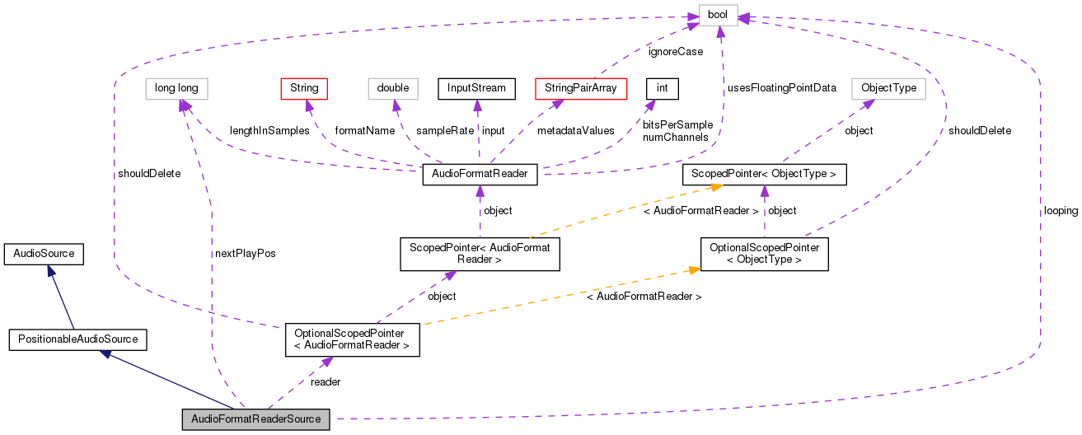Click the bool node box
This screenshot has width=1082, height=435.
coord(718,16)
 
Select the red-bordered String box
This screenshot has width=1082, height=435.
coord(304,87)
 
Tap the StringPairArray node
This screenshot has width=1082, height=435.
coord(582,87)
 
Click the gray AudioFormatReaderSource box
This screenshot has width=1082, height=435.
coord(255,419)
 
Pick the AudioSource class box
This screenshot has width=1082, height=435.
coord(44,254)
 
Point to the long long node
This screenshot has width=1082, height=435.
coord(176,87)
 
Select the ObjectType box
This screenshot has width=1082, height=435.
coord(888,87)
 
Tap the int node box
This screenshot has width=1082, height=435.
coord(662,87)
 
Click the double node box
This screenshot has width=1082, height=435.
coord(393,87)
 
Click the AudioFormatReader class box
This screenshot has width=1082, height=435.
coord(480,174)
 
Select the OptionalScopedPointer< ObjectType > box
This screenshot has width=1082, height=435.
coord(764,254)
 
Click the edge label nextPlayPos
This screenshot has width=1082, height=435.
coord(244,254)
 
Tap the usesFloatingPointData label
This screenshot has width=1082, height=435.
coord(781,87)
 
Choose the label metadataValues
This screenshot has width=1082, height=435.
coord(575,131)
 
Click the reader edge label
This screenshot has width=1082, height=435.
coord(326,381)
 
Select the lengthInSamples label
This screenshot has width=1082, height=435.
coord(269,131)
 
